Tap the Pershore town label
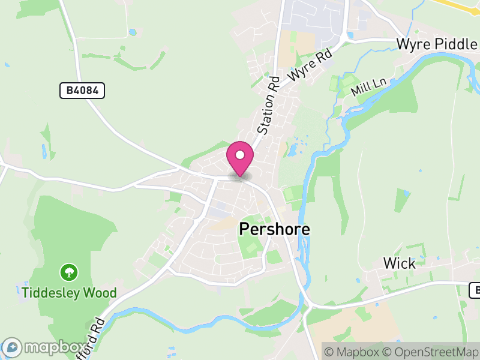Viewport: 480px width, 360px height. (x=275, y=229)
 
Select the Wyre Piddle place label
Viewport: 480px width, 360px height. (x=437, y=44)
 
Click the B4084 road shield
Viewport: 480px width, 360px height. (x=82, y=91)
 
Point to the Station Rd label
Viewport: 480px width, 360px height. (x=269, y=106)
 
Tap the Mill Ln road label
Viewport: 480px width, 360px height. (x=368, y=88)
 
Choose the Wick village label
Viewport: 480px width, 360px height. (x=399, y=263)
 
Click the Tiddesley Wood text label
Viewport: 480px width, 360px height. (x=69, y=293)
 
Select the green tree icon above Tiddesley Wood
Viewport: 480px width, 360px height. (x=69, y=273)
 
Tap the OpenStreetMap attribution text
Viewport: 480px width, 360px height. (x=433, y=352)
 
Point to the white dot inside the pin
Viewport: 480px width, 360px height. (x=240, y=155)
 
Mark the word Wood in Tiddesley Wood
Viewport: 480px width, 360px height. (x=100, y=293)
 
